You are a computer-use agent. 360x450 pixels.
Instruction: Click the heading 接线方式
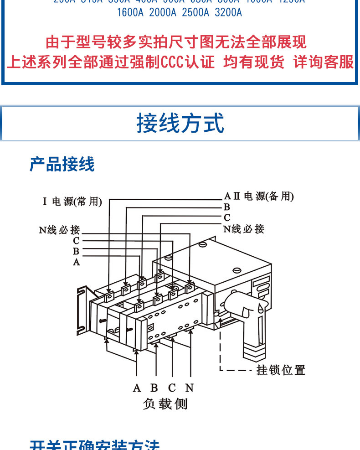[180, 124]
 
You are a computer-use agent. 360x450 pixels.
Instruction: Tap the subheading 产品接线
[62, 164]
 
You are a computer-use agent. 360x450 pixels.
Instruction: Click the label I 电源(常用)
[72, 202]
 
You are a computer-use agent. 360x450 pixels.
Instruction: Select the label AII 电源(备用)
[259, 197]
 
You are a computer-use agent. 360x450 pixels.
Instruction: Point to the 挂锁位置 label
[281, 370]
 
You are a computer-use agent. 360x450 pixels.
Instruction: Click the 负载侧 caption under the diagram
[165, 403]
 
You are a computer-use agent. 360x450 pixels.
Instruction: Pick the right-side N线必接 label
[244, 229]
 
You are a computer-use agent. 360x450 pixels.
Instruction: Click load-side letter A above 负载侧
[137, 388]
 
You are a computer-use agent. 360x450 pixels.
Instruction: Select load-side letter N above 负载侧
[190, 388]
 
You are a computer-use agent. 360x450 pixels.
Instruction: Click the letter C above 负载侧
[172, 388]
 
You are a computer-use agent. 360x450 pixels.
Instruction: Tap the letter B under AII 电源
[227, 207]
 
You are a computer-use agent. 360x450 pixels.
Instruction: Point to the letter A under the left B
[76, 262]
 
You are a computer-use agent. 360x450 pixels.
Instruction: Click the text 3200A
[228, 12]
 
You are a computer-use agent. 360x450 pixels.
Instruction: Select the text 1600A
[130, 12]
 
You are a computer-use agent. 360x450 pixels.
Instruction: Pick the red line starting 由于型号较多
[176, 42]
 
